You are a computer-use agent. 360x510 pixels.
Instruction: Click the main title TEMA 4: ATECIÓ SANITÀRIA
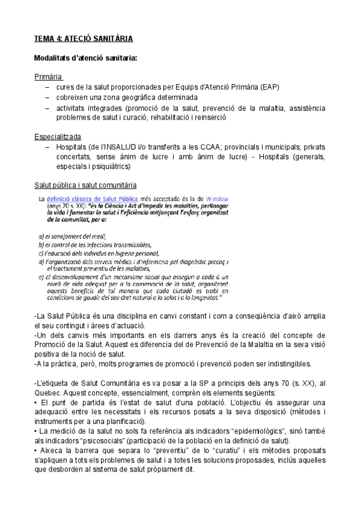pyautogui.click(x=84, y=38)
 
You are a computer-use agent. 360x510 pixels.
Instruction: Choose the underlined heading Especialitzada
pyautogui.click(x=58, y=137)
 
